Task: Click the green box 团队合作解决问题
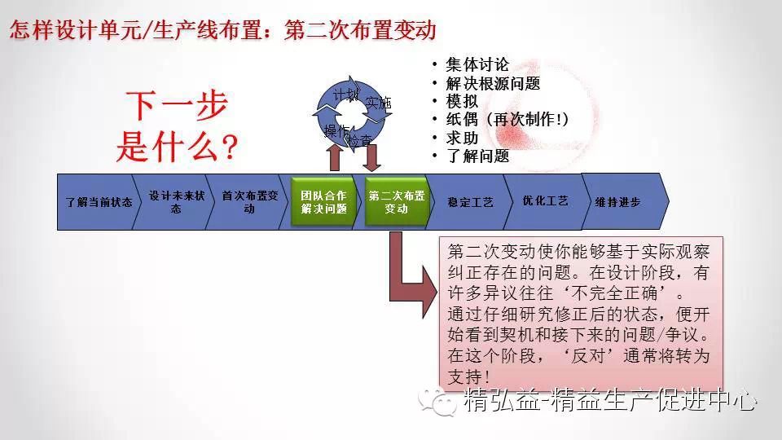(323, 201)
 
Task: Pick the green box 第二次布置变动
(397, 201)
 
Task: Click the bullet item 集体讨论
(477, 65)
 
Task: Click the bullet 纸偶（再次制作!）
(507, 120)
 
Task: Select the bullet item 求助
(462, 138)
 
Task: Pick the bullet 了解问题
(477, 156)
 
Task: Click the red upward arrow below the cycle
(335, 155)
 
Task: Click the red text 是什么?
(177, 147)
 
